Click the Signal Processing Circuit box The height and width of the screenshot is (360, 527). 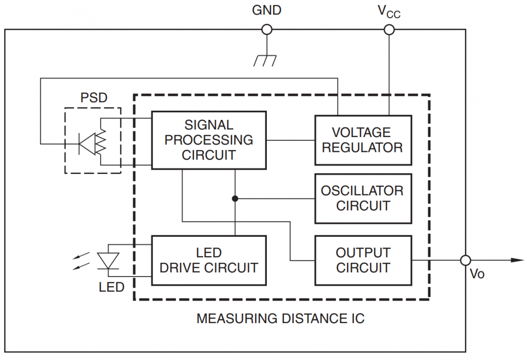pyautogui.click(x=209, y=140)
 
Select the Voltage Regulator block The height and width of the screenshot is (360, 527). pyautogui.click(x=363, y=140)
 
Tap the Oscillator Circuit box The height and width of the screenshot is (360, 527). pyautogui.click(x=363, y=198)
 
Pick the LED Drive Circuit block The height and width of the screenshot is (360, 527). pyautogui.click(x=209, y=260)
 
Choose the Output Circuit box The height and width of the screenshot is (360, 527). pyautogui.click(x=363, y=260)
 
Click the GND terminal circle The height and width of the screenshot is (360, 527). pyautogui.click(x=267, y=30)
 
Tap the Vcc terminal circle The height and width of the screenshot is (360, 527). pyautogui.click(x=390, y=30)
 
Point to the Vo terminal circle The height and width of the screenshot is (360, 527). pyautogui.click(x=465, y=260)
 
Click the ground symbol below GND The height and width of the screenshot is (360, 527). pyautogui.click(x=265, y=59)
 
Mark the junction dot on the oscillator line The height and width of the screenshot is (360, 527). pyautogui.click(x=235, y=198)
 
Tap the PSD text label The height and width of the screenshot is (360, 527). pyautogui.click(x=94, y=99)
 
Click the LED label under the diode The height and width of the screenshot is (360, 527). pyautogui.click(x=112, y=288)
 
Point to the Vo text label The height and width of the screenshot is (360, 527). pyautogui.click(x=477, y=274)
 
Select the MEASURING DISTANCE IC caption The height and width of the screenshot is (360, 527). pyautogui.click(x=281, y=318)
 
